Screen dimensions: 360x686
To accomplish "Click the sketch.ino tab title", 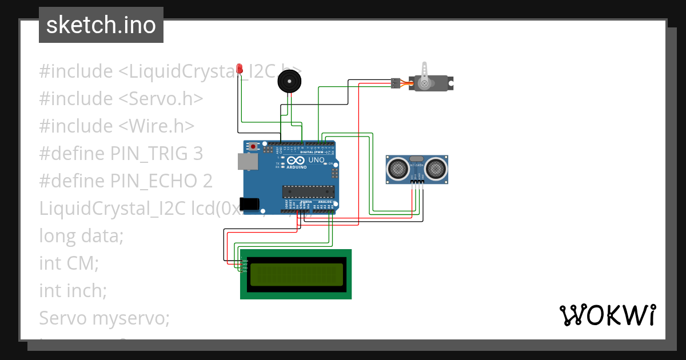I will [101, 25].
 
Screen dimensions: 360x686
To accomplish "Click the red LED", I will [239, 67].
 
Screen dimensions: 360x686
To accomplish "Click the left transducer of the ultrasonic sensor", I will [396, 167].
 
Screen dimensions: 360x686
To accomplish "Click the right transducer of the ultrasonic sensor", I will [437, 167].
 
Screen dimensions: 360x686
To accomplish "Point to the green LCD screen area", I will [296, 274].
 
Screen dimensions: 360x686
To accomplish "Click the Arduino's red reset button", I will [253, 146].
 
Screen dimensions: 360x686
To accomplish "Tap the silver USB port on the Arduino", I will [248, 162].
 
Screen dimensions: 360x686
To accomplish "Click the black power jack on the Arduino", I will [250, 203].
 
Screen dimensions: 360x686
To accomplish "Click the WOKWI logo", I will [607, 315].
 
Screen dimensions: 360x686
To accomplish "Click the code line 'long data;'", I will [81, 235].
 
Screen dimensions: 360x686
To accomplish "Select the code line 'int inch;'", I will [73, 290].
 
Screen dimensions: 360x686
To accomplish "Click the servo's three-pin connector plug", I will [394, 83].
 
